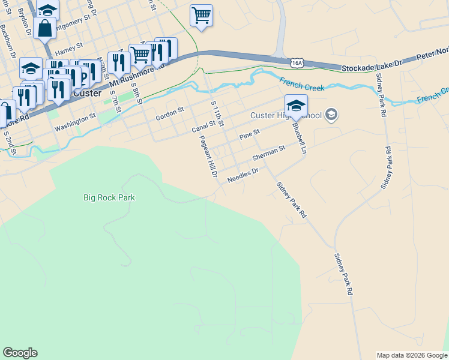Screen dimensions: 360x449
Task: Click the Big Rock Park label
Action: coord(109,197)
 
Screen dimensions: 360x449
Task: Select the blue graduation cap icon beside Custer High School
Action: coord(296,106)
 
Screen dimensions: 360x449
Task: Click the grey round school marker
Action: coord(331,115)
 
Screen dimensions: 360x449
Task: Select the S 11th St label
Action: coord(217,113)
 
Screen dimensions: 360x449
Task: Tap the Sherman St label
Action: coord(268,153)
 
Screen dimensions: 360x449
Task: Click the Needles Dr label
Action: coord(243,175)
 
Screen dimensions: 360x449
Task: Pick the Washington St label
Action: coord(75,123)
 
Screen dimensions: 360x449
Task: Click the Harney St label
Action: coord(68,43)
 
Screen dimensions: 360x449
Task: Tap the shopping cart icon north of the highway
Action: coord(202,16)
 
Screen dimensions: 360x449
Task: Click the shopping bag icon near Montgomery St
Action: coord(44,28)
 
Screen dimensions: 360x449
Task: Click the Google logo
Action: coord(20,353)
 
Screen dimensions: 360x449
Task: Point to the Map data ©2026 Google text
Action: coord(412,355)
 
